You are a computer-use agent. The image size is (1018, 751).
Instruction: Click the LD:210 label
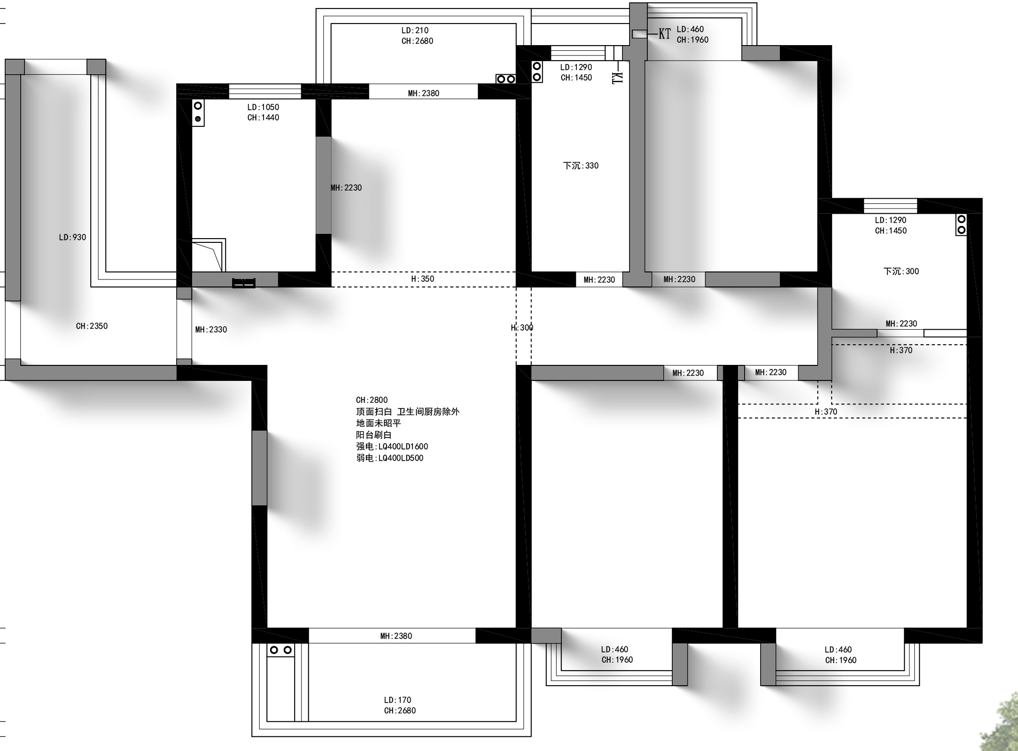click(415, 31)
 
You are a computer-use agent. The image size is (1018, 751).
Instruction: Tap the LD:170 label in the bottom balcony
click(397, 700)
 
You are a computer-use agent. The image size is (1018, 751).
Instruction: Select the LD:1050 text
click(263, 107)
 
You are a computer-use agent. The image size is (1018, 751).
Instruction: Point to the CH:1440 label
click(263, 118)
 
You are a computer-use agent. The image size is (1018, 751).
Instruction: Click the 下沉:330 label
click(581, 166)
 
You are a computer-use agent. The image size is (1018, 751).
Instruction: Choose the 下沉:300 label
click(901, 271)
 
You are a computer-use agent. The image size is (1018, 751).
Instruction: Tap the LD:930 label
click(72, 238)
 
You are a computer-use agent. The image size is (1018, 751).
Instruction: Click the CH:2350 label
click(92, 326)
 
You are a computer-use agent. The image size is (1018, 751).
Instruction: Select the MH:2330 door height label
click(211, 330)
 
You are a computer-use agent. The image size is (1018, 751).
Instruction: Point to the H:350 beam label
click(423, 279)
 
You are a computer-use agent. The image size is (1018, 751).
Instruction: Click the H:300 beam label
click(522, 328)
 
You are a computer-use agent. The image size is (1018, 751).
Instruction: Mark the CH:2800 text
click(372, 400)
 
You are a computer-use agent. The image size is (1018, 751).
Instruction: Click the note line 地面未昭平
click(379, 423)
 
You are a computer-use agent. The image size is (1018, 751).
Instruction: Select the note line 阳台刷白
click(373, 435)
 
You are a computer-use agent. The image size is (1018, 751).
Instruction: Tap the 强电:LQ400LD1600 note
click(392, 447)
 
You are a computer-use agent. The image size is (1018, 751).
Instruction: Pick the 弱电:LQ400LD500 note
click(389, 458)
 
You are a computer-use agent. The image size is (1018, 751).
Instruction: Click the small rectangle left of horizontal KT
click(639, 34)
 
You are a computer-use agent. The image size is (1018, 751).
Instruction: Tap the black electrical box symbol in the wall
click(244, 283)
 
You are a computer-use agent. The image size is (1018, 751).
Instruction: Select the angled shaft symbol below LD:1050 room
click(209, 255)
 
